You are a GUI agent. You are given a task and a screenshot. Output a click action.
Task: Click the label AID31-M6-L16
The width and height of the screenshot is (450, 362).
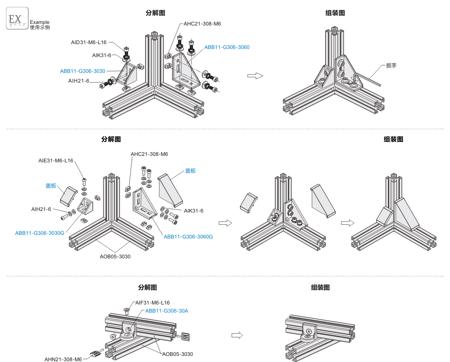coord(88,42)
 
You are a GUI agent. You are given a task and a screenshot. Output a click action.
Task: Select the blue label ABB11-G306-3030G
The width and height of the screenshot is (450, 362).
coord(40,233)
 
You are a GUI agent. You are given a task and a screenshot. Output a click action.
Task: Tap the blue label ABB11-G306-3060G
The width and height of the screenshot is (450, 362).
coord(188,236)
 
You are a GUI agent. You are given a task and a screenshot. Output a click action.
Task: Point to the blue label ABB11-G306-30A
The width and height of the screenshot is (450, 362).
coord(167,311)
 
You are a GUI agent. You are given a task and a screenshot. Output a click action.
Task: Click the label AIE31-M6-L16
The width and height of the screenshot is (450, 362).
coord(56,160)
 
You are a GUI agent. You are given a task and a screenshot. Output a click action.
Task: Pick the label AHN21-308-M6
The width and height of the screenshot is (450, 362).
coord(63,359)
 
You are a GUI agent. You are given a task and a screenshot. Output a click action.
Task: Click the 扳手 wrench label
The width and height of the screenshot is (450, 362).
coord(391,65)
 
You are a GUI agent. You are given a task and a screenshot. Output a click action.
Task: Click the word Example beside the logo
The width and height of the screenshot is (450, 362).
coord(40,22)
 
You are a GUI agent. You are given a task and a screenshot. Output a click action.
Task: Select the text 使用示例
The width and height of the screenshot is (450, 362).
coord(40,28)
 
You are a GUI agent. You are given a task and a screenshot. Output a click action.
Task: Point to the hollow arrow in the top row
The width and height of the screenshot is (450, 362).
coord(255,76)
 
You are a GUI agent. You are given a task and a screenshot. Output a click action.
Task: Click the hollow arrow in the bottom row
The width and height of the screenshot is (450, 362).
coord(237,335)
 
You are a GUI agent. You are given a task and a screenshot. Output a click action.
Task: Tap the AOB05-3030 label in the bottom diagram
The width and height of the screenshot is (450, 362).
coord(178,354)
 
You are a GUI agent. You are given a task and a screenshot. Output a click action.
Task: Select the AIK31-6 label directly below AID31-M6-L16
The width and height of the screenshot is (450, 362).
coord(101,55)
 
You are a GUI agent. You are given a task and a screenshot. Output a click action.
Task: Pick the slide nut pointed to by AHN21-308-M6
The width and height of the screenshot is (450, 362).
coord(96,353)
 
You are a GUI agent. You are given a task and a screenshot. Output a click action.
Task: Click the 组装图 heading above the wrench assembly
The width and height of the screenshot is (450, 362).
coord(335,13)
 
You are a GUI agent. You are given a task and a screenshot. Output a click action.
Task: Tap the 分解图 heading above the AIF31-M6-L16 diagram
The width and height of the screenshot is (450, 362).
coord(148,287)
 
